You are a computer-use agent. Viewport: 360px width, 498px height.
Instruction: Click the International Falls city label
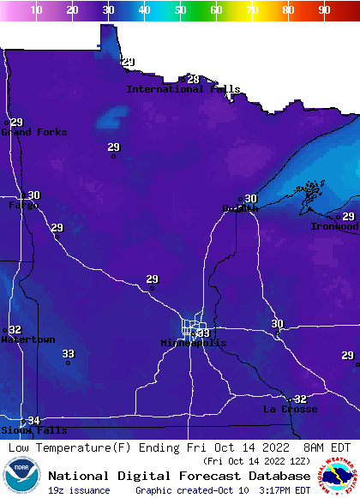click(183, 89)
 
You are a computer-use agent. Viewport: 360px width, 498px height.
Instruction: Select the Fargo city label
click(22, 206)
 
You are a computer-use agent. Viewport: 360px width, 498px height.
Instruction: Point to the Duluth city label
click(240, 208)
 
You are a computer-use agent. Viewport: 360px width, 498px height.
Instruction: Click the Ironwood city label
click(334, 226)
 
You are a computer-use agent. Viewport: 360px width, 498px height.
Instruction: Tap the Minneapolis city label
click(194, 343)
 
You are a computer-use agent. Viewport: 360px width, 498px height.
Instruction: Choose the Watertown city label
click(27, 339)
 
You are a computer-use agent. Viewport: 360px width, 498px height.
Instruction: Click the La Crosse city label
click(290, 410)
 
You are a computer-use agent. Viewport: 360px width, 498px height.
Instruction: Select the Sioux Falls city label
click(33, 430)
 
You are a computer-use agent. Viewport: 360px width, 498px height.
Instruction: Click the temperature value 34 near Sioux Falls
click(34, 420)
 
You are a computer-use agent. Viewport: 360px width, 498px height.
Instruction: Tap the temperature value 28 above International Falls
click(193, 80)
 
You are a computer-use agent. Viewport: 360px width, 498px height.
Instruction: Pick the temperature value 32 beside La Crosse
click(300, 399)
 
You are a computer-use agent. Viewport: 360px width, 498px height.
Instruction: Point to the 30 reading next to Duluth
click(251, 199)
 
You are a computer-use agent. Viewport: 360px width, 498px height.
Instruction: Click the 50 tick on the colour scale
click(180, 10)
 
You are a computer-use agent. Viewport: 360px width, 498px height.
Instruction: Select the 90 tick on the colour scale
click(324, 10)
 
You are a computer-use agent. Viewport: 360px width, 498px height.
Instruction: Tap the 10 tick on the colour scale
click(36, 10)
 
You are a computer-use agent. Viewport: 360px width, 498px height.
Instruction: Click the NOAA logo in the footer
click(21, 476)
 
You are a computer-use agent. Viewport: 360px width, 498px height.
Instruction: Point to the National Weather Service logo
click(340, 476)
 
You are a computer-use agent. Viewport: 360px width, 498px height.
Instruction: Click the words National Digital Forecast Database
click(179, 476)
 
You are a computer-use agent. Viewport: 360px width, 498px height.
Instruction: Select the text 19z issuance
click(79, 490)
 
